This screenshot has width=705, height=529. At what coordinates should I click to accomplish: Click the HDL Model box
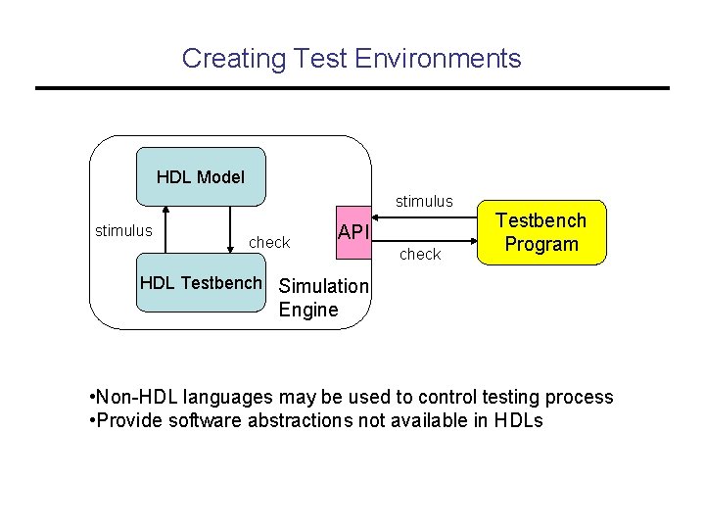click(201, 176)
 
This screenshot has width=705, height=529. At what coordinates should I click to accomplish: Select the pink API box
click(352, 233)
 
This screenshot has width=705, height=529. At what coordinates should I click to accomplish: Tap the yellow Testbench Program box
click(541, 233)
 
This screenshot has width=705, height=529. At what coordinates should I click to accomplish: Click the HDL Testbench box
click(201, 284)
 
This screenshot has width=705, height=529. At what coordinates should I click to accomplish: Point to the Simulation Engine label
click(323, 298)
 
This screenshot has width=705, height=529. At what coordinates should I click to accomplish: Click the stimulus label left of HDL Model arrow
click(123, 231)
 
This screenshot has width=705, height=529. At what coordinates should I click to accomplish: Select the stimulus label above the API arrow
click(424, 201)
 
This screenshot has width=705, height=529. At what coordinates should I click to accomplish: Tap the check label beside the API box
click(269, 242)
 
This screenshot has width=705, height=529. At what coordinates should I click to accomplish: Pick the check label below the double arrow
click(420, 254)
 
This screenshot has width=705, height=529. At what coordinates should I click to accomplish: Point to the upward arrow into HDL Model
click(167, 231)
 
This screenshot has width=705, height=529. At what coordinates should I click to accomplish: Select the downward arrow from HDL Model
click(230, 231)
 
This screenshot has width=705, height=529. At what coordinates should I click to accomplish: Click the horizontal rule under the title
click(352, 89)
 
